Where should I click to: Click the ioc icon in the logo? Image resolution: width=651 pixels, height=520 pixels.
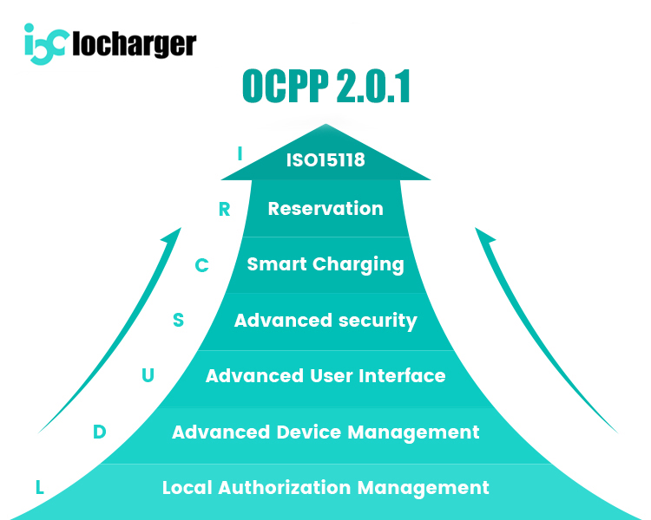[x=44, y=43]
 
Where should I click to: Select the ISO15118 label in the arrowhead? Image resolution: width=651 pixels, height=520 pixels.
[x=325, y=160]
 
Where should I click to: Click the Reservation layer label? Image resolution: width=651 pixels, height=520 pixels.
[x=325, y=209]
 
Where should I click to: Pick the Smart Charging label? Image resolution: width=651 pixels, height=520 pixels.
[x=325, y=263]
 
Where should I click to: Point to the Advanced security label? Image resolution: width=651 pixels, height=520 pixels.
[x=325, y=321]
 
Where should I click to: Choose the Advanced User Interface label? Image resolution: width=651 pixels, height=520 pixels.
[x=325, y=376]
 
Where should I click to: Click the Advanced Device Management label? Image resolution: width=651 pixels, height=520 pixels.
[x=325, y=432]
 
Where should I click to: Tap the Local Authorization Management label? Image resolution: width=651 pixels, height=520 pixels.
[x=325, y=487]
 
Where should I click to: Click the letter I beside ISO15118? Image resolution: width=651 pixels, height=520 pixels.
[x=240, y=154]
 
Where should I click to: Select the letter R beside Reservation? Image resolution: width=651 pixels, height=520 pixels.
[x=224, y=210]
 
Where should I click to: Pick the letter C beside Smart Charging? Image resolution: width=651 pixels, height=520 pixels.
[x=201, y=265]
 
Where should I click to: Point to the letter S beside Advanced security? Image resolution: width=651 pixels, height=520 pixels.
[x=178, y=321]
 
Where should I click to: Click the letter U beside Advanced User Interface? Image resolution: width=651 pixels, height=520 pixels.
[x=148, y=376]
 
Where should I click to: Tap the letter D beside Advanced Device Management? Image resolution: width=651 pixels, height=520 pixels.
[x=99, y=432]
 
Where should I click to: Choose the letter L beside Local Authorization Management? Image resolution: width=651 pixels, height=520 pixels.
[x=40, y=487]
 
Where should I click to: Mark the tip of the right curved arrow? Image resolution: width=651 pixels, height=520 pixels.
[x=477, y=229]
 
